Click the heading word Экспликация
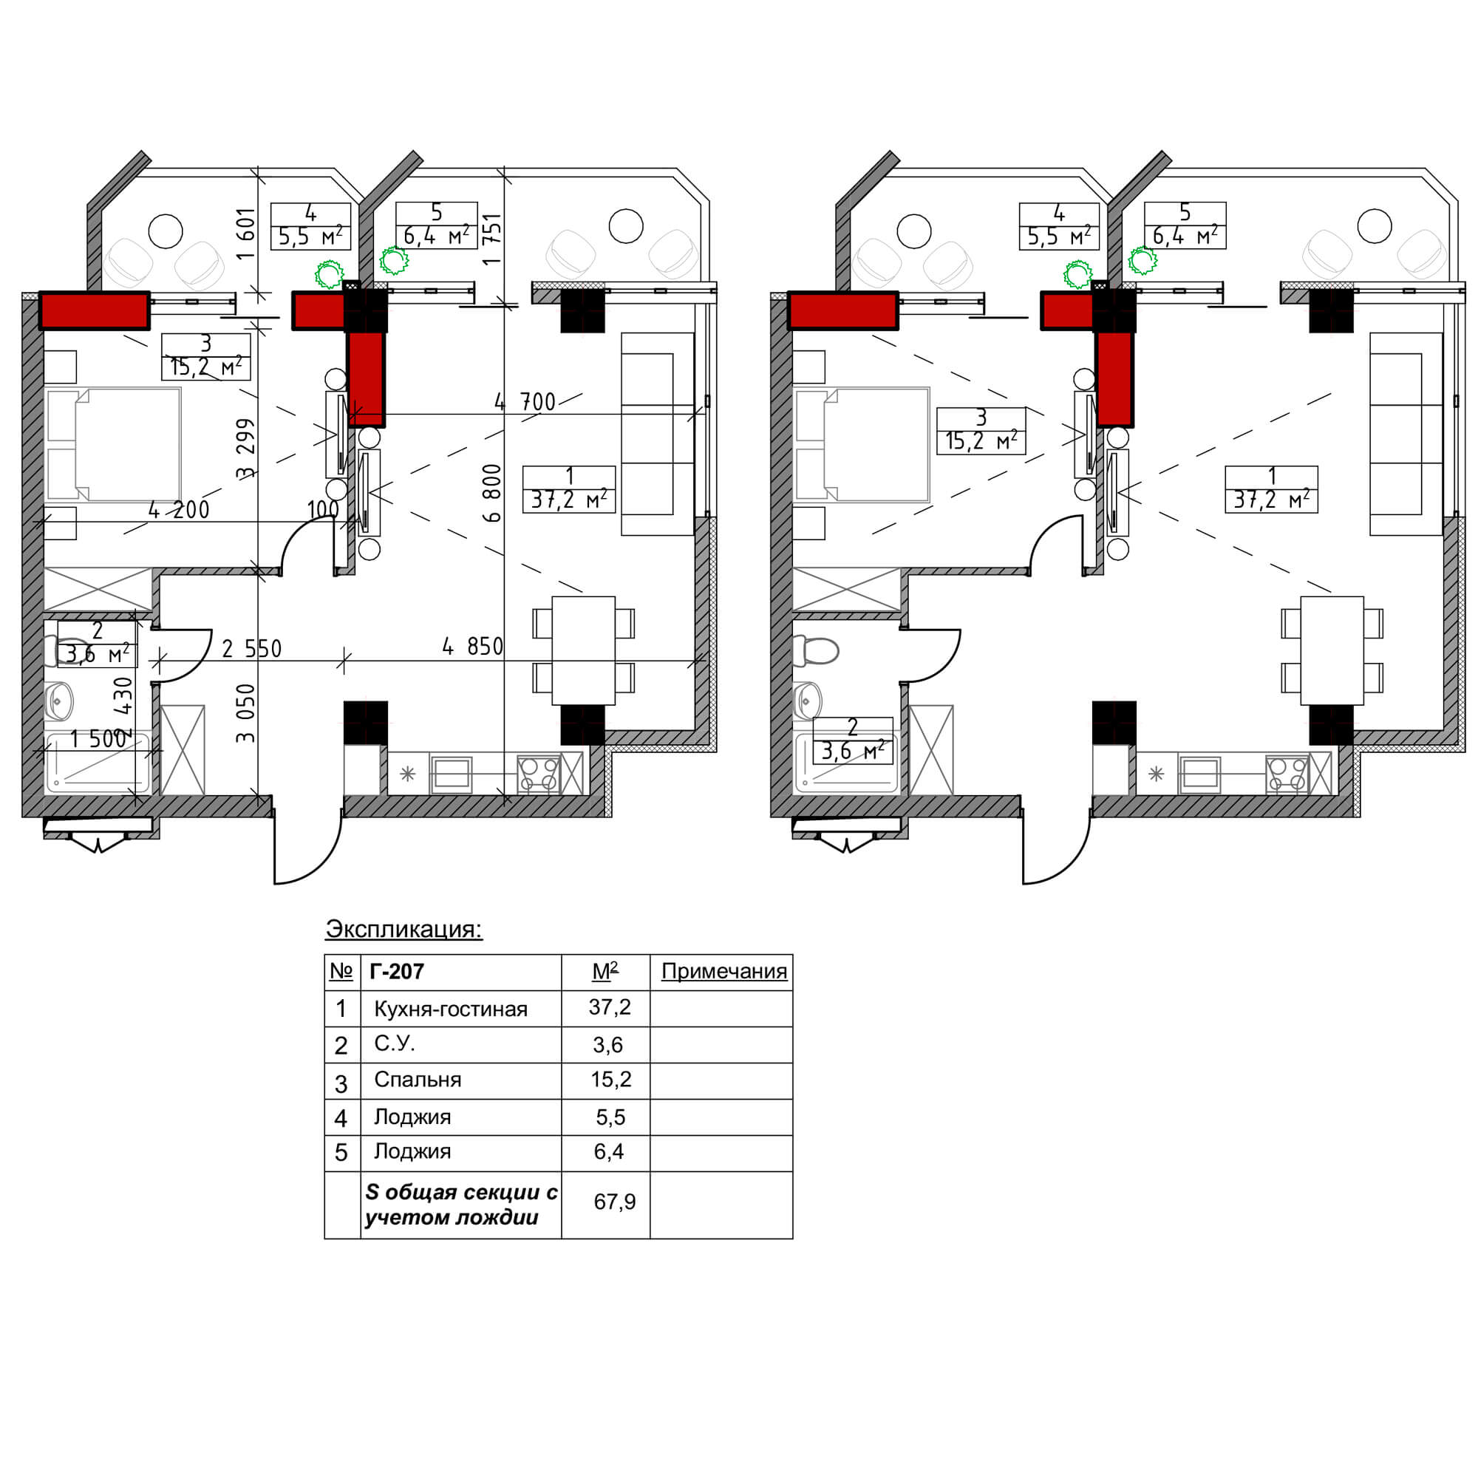tap(403, 929)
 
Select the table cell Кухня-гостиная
tap(451, 1009)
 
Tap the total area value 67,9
tap(614, 1202)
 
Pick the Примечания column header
tap(723, 972)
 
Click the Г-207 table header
tap(396, 972)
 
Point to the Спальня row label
tap(418, 1080)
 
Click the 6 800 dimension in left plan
tap(494, 493)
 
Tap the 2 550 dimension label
tap(252, 649)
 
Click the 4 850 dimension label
tap(473, 647)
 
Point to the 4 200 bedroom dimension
tap(178, 509)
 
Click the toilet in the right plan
tap(816, 651)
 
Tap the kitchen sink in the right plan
tap(1199, 774)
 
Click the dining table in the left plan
tap(584, 650)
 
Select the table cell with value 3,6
tap(608, 1045)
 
